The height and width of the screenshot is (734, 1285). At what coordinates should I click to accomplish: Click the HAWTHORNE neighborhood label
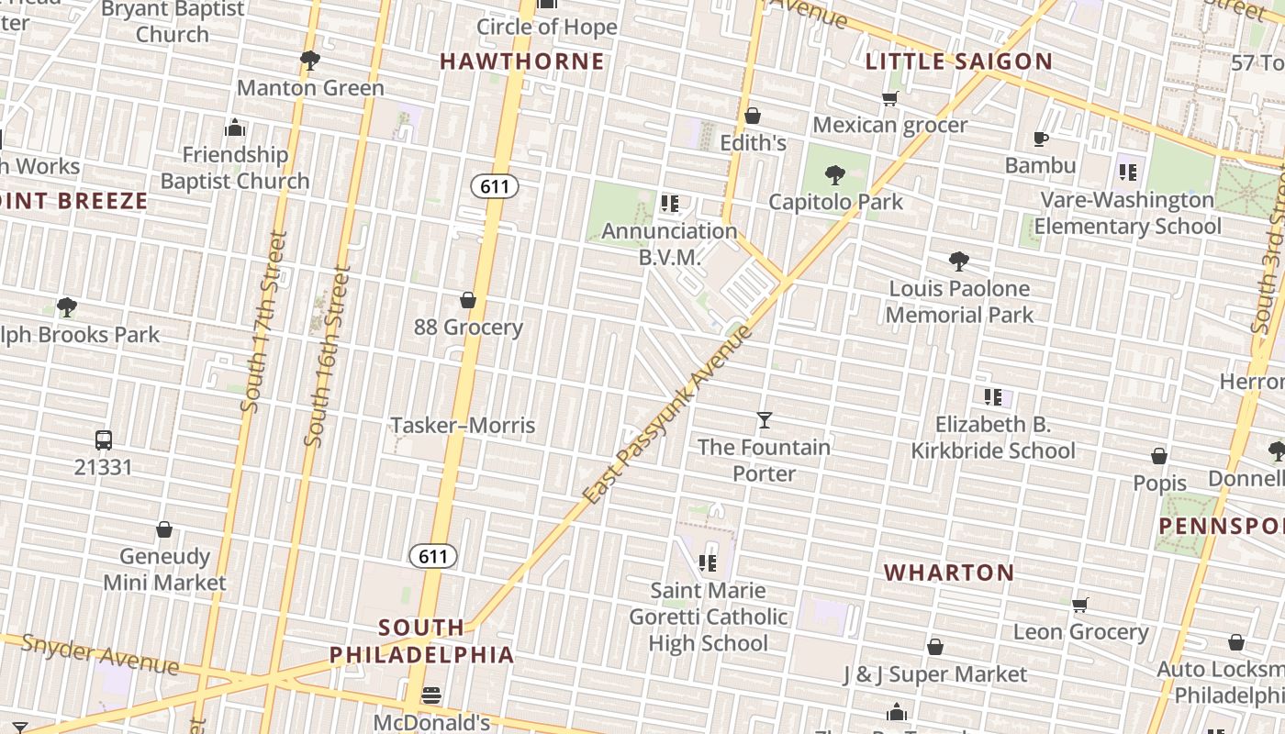coord(522,61)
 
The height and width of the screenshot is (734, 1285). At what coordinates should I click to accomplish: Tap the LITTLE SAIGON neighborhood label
coord(959,61)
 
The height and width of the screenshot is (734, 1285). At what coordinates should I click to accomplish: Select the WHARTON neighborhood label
coord(949,573)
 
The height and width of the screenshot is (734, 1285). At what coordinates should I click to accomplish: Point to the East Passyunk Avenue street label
coord(667,414)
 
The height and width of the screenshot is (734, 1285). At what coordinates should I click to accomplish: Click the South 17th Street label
coord(266,321)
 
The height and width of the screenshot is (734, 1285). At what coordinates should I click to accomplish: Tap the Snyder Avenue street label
coord(99,652)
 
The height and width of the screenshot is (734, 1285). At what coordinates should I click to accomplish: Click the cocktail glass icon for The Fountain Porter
coord(764,420)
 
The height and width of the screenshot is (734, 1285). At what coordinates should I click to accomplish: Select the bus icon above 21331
coord(104,440)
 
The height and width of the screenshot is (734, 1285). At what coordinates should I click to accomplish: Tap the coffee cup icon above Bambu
coord(1040,139)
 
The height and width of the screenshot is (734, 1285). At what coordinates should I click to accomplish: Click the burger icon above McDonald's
coord(431,695)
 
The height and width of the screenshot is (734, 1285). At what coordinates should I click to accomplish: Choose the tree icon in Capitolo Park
coord(835,174)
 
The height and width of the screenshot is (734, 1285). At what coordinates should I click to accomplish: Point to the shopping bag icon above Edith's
coord(753,116)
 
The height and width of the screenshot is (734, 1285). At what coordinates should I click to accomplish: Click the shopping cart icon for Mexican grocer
coord(889,98)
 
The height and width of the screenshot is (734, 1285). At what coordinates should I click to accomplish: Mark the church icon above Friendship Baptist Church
coord(235,127)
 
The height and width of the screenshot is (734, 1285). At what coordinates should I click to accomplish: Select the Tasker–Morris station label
coord(463,425)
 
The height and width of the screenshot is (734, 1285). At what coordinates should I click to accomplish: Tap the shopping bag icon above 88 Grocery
coord(468,300)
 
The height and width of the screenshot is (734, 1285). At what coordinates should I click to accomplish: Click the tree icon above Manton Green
coord(310,61)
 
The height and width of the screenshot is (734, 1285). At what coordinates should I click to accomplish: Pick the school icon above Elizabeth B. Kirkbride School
coord(993,397)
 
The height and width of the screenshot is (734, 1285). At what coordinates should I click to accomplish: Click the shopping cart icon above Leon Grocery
coord(1080,605)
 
